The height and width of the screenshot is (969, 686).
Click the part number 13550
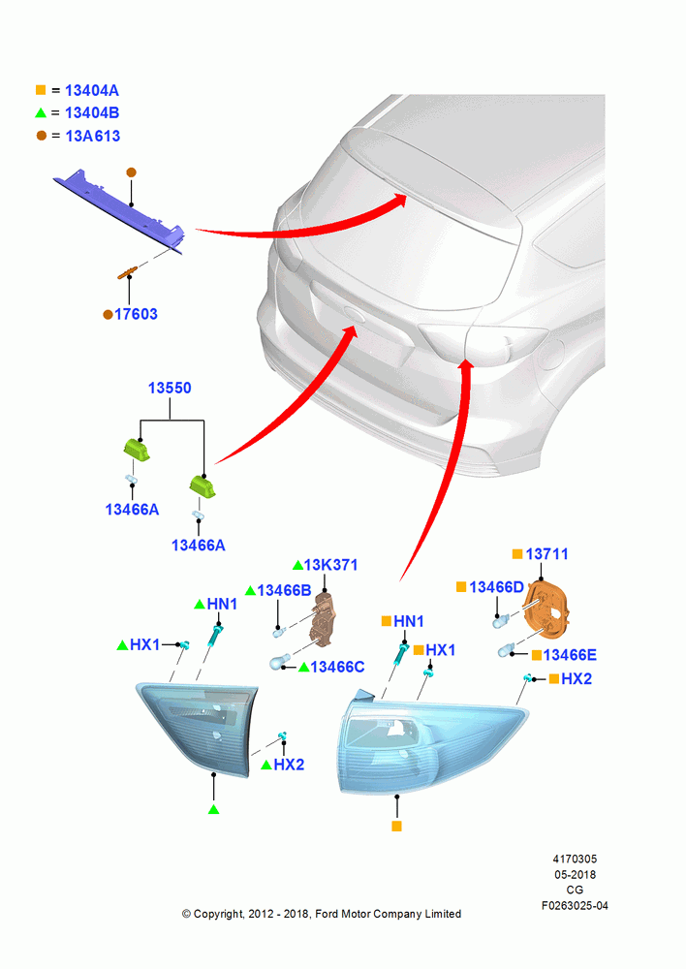(170, 389)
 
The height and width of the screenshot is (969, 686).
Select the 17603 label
(136, 314)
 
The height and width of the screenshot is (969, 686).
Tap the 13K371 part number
(330, 565)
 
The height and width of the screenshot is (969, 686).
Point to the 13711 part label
(546, 553)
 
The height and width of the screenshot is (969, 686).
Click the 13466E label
(570, 655)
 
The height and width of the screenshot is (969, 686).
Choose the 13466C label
(337, 667)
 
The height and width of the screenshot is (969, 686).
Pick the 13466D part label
(496, 587)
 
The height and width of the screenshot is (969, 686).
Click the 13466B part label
(284, 591)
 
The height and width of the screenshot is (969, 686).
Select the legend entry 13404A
(91, 91)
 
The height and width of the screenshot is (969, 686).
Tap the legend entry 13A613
(93, 136)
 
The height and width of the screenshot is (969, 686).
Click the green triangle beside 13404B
(41, 112)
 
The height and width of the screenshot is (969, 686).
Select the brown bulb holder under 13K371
(324, 618)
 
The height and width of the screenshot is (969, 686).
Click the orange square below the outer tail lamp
(396, 827)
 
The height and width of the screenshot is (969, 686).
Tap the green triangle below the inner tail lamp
(214, 809)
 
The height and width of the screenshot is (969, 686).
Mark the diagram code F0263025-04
(575, 905)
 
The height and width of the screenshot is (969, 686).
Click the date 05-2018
(575, 874)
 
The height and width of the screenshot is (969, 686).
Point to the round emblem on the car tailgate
(355, 314)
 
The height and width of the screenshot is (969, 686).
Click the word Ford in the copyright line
(328, 914)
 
